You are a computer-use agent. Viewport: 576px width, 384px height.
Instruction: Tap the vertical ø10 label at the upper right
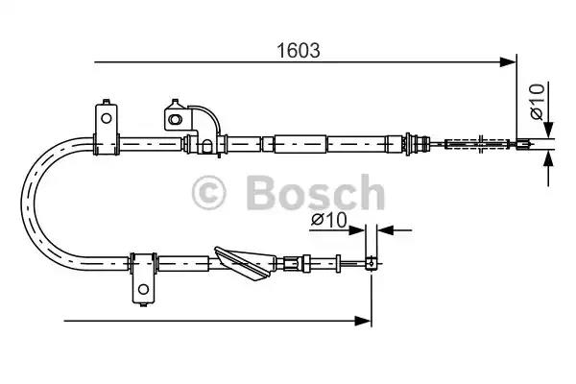(x=539, y=102)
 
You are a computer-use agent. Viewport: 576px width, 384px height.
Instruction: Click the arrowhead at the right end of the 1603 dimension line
(x=509, y=63)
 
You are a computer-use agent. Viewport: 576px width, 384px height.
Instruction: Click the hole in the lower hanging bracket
(x=143, y=287)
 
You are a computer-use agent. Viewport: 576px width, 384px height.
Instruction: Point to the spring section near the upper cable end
(x=480, y=145)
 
